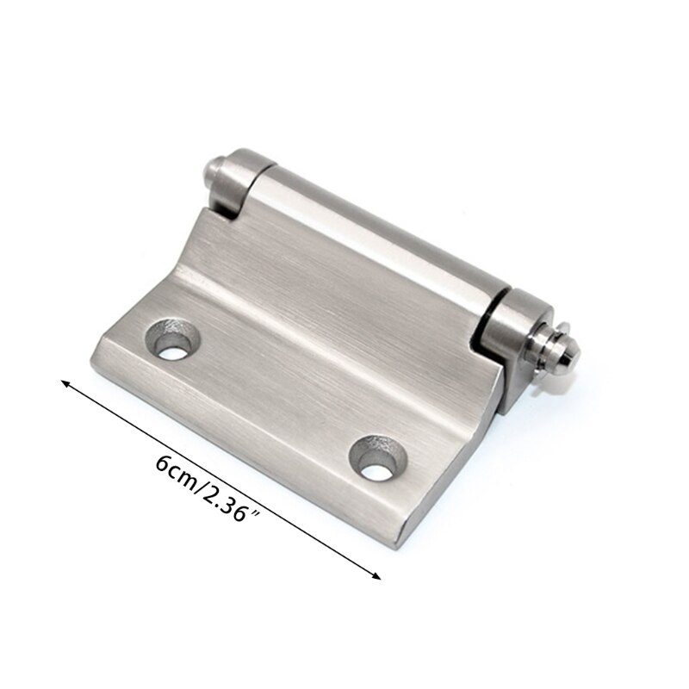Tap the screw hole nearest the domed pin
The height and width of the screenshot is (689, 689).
coord(376,462)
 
